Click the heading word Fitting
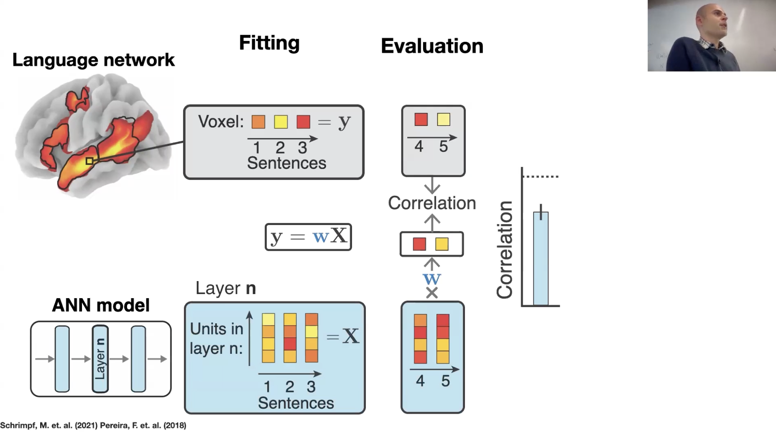click(x=269, y=43)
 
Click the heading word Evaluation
click(x=432, y=46)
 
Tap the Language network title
click(x=93, y=60)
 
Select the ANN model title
click(x=101, y=305)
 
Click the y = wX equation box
click(x=308, y=237)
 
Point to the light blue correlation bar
click(x=541, y=259)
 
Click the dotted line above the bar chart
click(x=541, y=177)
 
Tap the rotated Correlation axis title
click(x=505, y=250)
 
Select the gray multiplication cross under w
click(x=432, y=293)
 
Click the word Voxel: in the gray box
click(x=221, y=122)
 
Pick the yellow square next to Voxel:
click(x=281, y=122)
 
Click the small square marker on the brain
click(x=89, y=161)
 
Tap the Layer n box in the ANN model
click(x=100, y=358)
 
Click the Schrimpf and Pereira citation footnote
click(x=93, y=425)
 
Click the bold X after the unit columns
click(x=351, y=336)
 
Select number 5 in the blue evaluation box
click(x=446, y=381)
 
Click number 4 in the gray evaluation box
click(x=419, y=146)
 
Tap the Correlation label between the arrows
click(x=432, y=203)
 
